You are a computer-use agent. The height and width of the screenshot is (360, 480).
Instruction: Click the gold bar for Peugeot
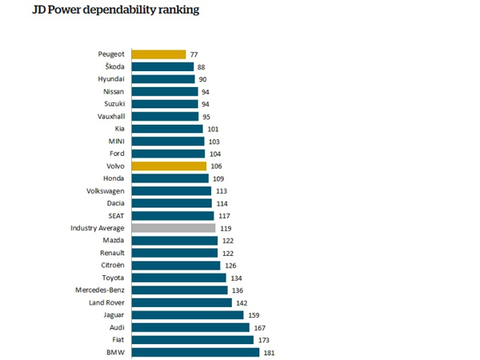pos(158,54)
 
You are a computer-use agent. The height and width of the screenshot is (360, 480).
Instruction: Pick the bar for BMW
pos(194,352)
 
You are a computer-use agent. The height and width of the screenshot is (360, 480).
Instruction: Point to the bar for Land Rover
pos(181,302)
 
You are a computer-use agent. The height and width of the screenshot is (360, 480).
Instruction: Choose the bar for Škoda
pos(162,66)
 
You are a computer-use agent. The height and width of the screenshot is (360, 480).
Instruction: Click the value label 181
pos(270,352)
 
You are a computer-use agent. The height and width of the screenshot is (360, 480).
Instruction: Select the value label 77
pos(194,54)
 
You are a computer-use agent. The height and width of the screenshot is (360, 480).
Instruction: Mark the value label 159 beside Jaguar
pos(254,315)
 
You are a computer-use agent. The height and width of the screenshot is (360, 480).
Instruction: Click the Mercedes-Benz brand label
pos(99,290)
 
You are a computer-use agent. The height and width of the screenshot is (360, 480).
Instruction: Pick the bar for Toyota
pos(178,278)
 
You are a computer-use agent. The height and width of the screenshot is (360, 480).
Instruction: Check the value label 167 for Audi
pos(258,327)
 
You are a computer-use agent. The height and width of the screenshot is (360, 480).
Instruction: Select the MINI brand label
pos(114,141)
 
